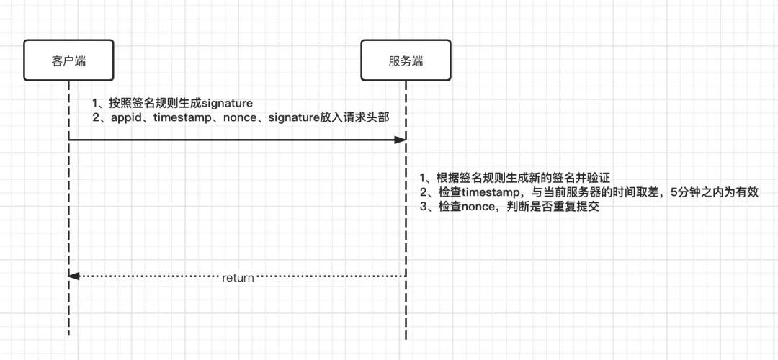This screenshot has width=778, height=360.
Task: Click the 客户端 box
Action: point(69,60)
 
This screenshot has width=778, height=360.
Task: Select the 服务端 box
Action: point(406,60)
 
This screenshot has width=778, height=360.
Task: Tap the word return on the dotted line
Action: point(238,277)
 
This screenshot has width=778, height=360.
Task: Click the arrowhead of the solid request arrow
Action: point(401,140)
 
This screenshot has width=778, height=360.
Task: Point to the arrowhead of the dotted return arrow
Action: point(73,276)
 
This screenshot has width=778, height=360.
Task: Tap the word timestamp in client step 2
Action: point(184,117)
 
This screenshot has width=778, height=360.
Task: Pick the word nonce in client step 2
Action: point(242,117)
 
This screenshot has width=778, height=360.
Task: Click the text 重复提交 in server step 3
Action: point(577,207)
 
